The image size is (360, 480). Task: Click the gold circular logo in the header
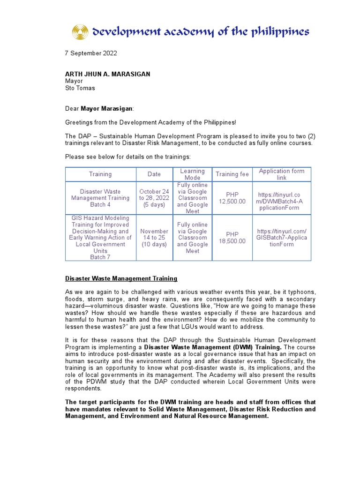80,32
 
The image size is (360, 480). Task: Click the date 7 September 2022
90,53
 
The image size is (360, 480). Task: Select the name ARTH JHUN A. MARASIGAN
107,74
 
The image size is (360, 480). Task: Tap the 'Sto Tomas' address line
80,88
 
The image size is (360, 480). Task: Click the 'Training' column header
100,174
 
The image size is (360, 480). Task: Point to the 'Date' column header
154,174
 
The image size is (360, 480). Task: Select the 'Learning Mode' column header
192,174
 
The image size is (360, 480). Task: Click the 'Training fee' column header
232,174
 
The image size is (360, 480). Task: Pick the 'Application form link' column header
281,174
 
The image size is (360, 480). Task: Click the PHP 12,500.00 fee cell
232,198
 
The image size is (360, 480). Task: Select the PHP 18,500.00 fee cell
232,238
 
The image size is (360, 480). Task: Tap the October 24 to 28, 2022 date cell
154,198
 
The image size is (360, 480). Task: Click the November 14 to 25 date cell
154,238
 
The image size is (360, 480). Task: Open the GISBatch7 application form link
281,238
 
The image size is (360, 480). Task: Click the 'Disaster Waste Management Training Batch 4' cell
100,198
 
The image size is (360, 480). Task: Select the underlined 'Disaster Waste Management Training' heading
121,278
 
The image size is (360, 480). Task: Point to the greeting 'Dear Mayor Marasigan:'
99,109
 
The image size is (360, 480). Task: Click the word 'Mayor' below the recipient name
74,81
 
